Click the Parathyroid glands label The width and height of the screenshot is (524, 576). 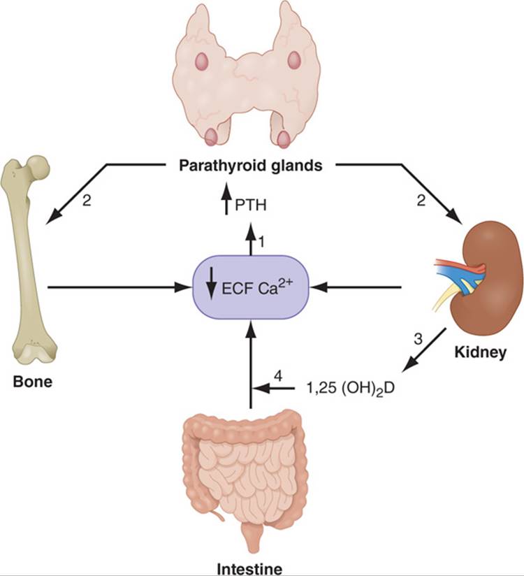250,166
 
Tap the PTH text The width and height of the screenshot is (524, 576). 250,205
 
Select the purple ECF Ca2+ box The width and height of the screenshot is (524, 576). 251,287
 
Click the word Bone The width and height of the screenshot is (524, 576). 33,382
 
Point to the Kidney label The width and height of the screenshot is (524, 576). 480,352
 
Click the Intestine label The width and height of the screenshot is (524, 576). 249,570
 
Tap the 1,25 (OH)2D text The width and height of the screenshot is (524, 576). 350,388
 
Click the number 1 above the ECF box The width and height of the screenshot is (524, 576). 261,242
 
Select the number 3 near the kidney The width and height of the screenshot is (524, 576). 418,339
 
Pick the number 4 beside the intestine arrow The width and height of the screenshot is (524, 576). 279,377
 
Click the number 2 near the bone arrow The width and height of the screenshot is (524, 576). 87,201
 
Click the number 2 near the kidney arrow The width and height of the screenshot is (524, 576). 421,201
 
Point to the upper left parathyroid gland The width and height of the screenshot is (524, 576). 202,60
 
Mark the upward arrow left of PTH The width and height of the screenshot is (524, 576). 226,199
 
